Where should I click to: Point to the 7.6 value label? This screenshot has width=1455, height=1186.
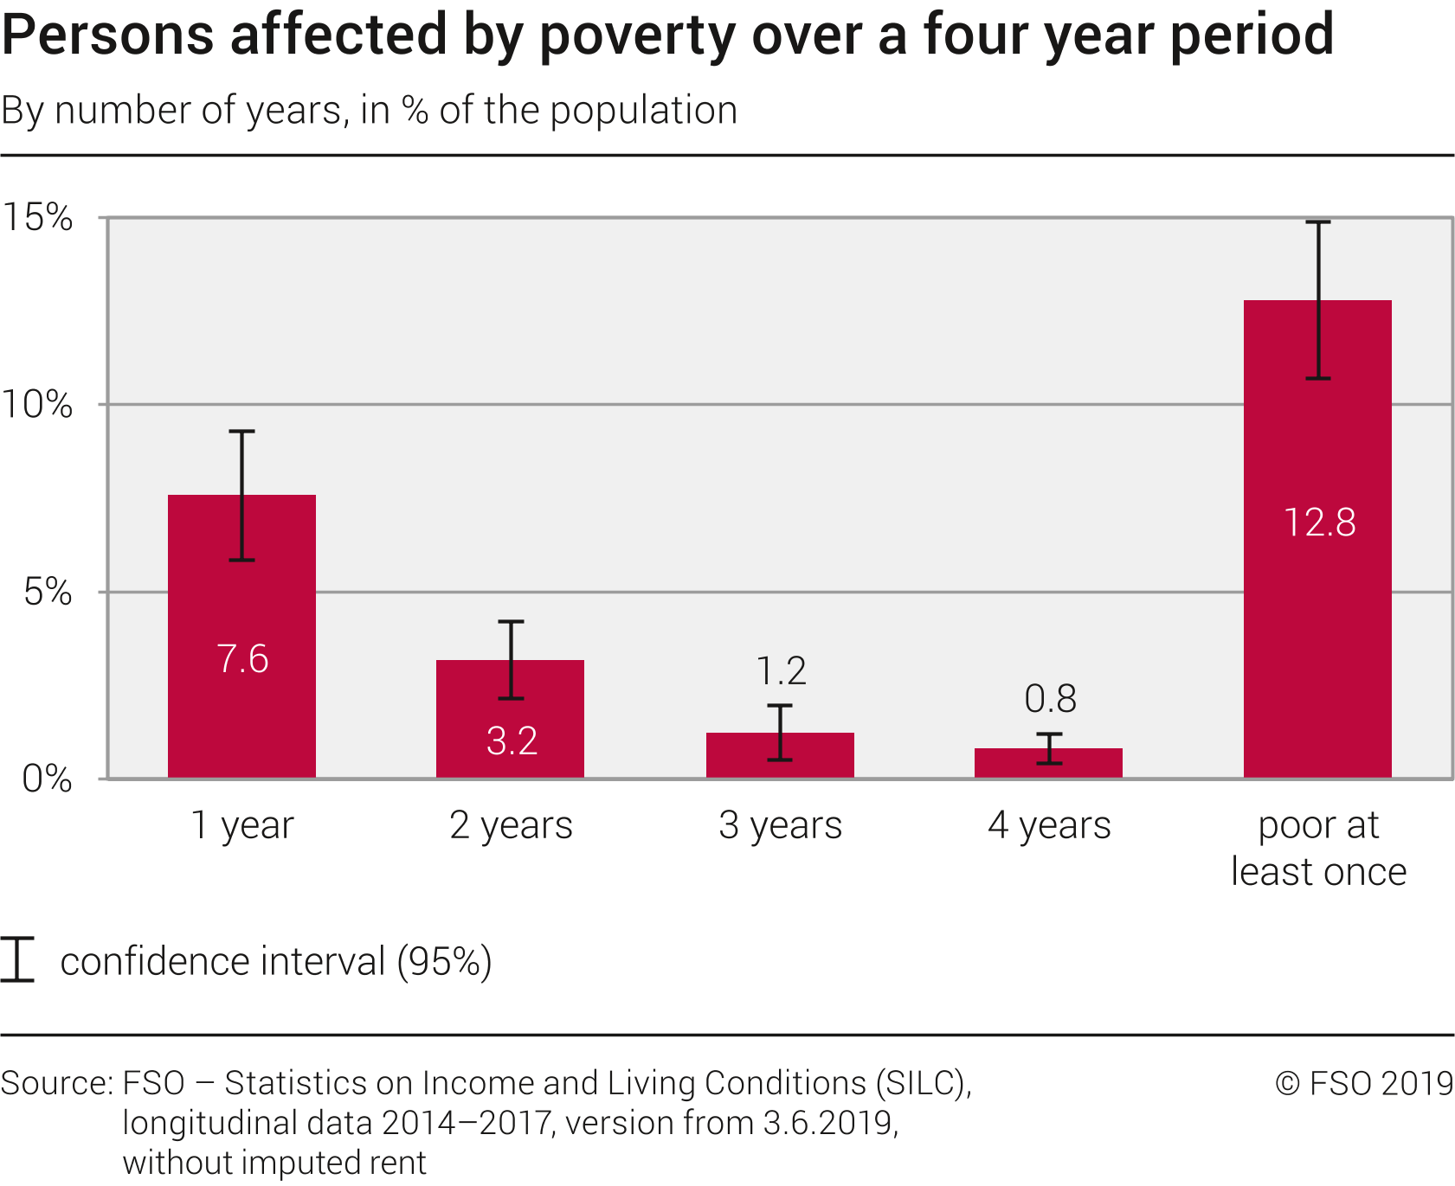pos(242,659)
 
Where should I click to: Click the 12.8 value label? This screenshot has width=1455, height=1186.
pos(1319,522)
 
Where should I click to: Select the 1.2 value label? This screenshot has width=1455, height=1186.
pos(781,671)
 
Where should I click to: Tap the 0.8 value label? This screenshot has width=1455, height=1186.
pos(1050,699)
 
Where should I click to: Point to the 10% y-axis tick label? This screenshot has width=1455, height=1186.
pos(36,404)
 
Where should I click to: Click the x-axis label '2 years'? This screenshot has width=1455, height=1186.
pos(511,825)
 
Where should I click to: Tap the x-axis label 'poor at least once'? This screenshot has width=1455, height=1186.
pos(1318,848)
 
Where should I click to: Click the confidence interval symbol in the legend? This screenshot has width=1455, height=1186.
pos(17,959)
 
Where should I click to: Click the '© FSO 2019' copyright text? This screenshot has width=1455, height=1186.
pos(1364,1083)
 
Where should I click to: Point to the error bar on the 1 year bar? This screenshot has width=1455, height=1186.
pos(241,496)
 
